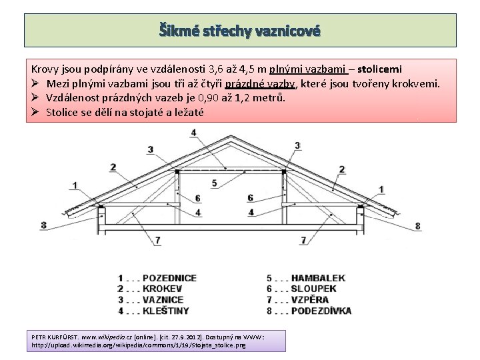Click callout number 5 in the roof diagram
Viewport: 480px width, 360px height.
point(214,182)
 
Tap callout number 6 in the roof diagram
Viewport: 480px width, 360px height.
point(250,198)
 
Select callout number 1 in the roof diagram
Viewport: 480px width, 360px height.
point(73,185)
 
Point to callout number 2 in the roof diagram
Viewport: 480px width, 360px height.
point(341,169)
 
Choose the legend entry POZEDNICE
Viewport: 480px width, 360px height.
point(169,277)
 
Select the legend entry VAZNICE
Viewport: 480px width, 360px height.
point(163,299)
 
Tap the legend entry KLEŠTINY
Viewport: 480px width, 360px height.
point(165,311)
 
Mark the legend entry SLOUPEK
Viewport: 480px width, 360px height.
point(313,289)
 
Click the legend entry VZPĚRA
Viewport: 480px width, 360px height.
point(310,299)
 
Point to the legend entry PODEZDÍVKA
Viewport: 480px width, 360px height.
point(321,311)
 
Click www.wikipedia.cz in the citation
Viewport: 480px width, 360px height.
point(107,338)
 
